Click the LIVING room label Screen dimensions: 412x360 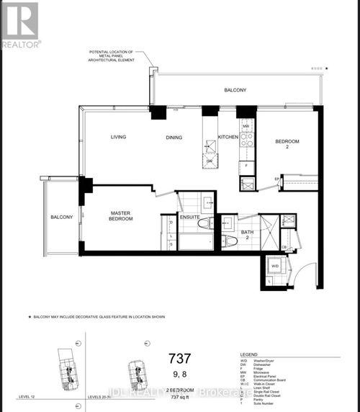[120, 137]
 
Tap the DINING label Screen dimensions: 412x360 [174, 137]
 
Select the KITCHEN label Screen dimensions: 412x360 [228, 137]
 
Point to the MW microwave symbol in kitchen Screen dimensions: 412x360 [246, 126]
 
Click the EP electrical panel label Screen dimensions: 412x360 [276, 179]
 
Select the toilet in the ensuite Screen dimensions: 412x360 [202, 223]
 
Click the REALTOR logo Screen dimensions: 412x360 [21, 24]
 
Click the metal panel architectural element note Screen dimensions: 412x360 [117, 56]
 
